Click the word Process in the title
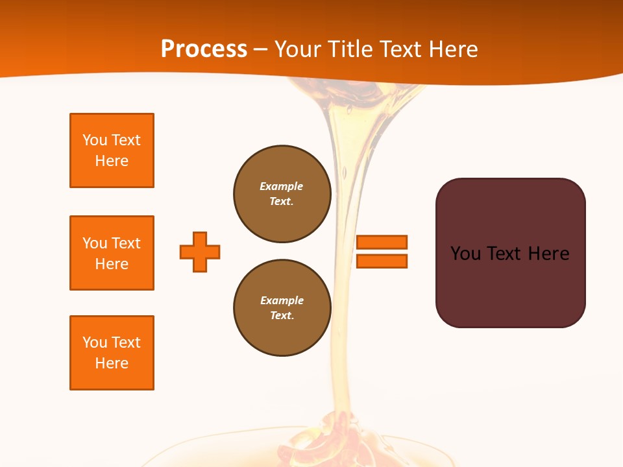204,49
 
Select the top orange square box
112,150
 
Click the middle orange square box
112,253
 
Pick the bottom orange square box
112,353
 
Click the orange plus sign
200,252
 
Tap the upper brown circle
282,194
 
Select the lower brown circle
282,308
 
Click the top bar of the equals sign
382,242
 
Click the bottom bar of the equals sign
382,261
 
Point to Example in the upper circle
282,187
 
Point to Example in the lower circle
282,301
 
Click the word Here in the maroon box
548,254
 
